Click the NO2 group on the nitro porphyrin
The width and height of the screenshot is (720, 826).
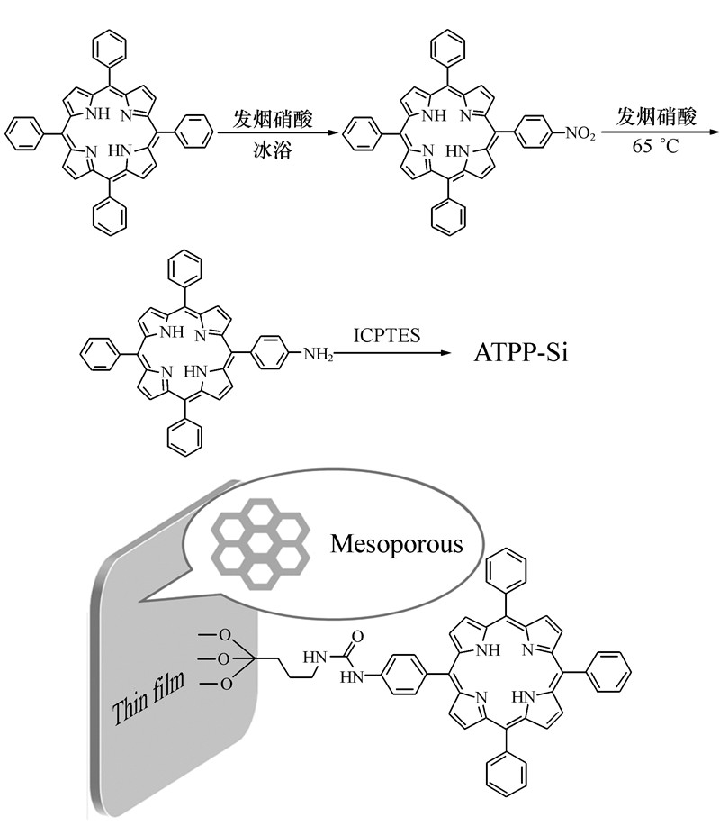point(580,134)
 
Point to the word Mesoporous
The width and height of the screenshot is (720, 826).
point(396,543)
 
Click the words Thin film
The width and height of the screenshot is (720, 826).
point(149,688)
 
